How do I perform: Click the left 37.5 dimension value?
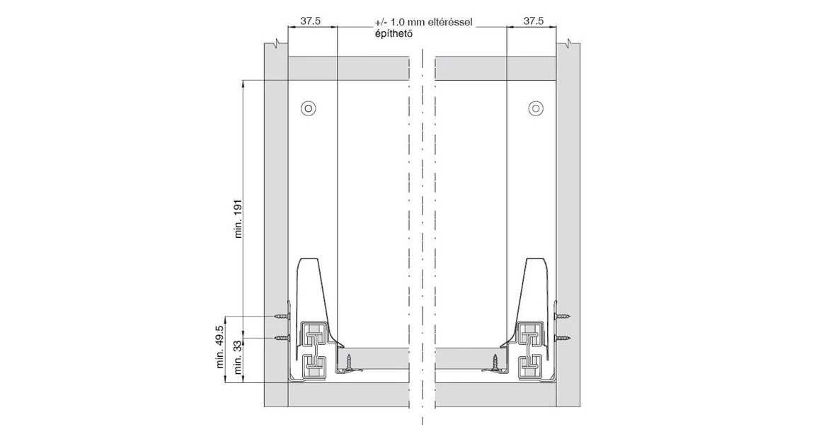pyautogui.click(x=310, y=21)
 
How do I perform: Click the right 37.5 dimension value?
pyautogui.click(x=533, y=21)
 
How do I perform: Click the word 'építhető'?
pyautogui.click(x=393, y=33)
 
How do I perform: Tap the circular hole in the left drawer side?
pyautogui.click(x=309, y=108)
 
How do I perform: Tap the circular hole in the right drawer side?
pyautogui.click(x=536, y=108)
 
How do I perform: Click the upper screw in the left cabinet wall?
pyautogui.click(x=282, y=316)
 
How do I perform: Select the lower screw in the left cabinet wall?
pyautogui.click(x=282, y=338)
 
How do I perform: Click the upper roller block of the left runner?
pyautogui.click(x=314, y=334)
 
